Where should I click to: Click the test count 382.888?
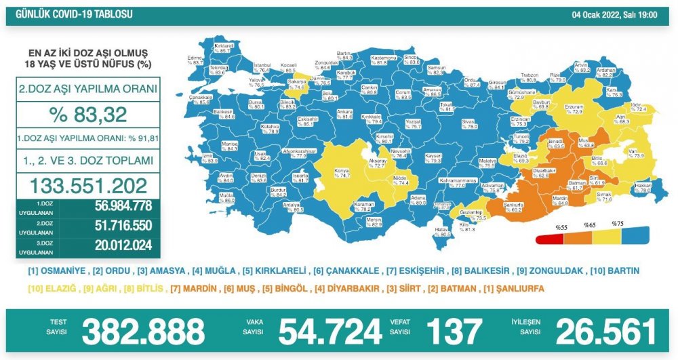point(142,332)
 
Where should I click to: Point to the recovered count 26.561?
point(606,332)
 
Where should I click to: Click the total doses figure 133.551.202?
point(89,185)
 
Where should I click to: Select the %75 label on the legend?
point(617,223)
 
